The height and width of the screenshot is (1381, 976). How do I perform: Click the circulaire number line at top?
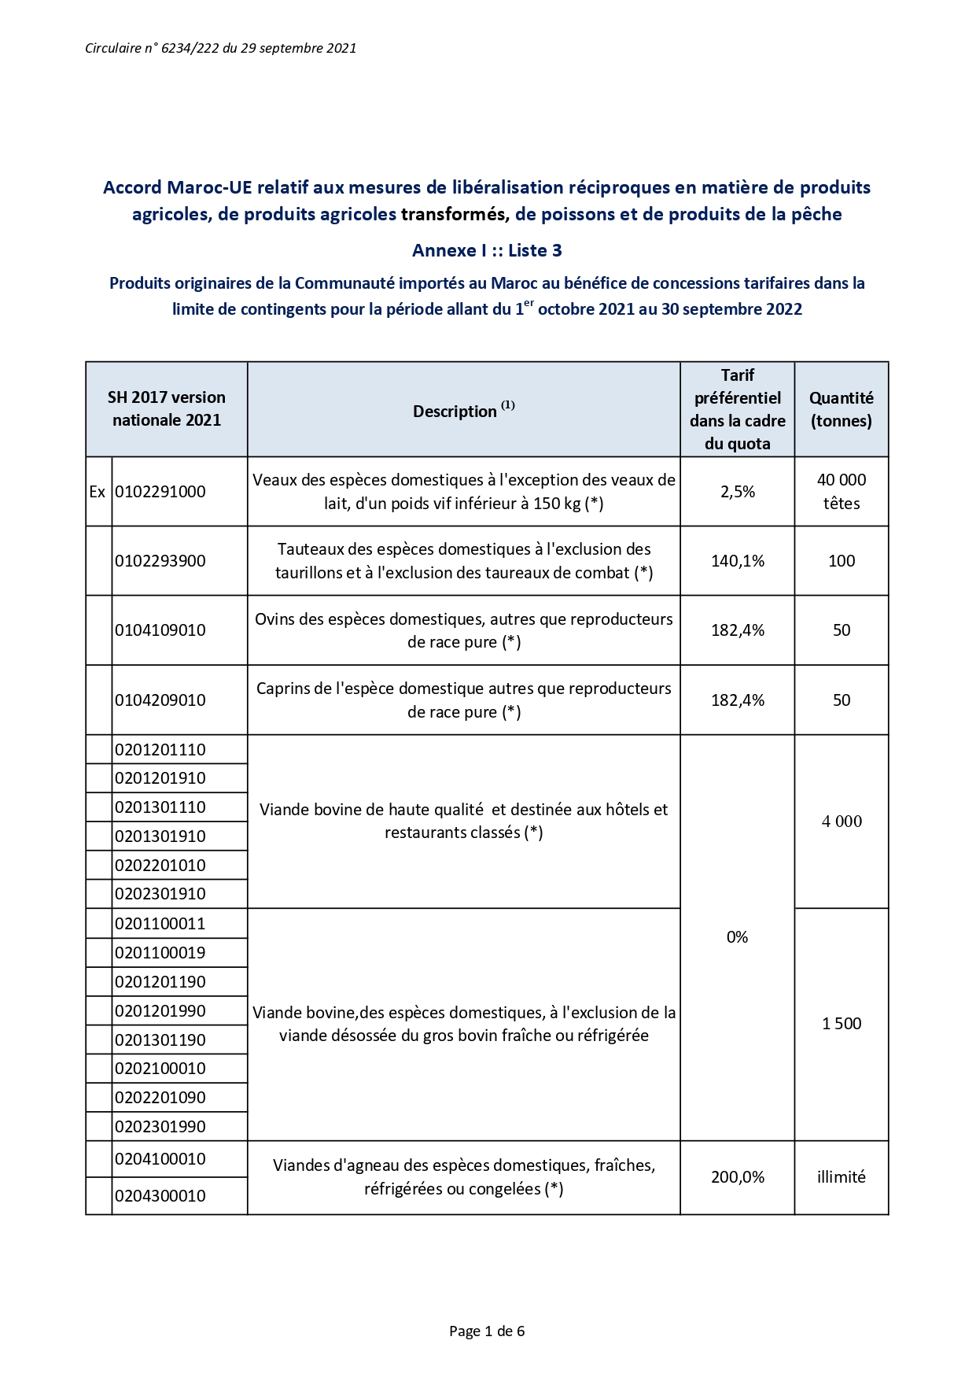[x=220, y=48]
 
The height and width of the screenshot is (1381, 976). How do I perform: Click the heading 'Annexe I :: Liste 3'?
[x=487, y=250]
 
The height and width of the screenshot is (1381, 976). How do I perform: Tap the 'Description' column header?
[x=463, y=411]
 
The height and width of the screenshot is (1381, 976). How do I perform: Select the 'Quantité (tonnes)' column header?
[x=841, y=409]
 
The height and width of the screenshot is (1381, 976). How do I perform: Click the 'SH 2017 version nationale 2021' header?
[x=166, y=408]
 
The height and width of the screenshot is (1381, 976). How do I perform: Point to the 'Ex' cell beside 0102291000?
[x=98, y=492]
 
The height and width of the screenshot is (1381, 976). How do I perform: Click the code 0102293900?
[x=160, y=561]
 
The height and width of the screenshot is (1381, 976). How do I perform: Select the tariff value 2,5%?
[x=737, y=492]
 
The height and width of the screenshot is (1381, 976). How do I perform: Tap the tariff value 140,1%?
[x=737, y=561]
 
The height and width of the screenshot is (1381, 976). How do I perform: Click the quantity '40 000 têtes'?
[x=841, y=492]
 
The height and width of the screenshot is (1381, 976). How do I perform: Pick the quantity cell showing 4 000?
[x=841, y=822]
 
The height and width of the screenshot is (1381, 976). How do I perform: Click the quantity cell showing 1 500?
[x=841, y=1024]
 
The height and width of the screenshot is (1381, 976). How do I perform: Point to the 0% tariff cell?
[x=737, y=937]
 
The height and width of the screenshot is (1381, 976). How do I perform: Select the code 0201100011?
[x=160, y=924]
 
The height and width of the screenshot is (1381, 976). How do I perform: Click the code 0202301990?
[x=160, y=1127]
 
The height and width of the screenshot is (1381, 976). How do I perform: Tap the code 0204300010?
[x=160, y=1196]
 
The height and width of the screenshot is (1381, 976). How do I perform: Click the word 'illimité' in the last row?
[x=841, y=1177]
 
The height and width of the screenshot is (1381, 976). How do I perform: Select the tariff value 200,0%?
[x=737, y=1177]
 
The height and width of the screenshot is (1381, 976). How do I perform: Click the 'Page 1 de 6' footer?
[x=487, y=1331]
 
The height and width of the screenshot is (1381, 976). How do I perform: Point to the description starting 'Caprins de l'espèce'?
[x=463, y=700]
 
